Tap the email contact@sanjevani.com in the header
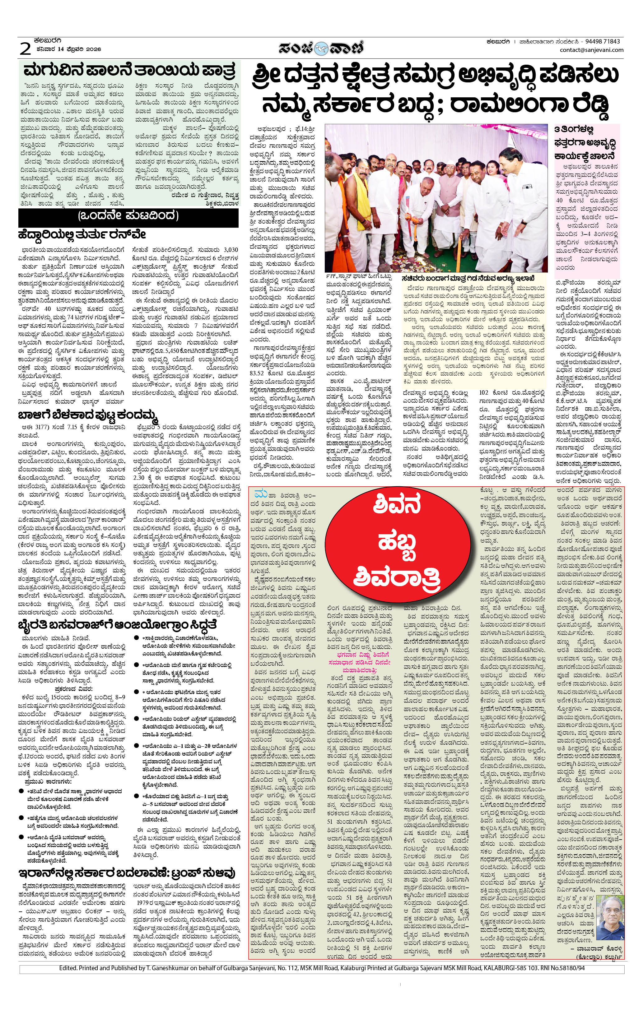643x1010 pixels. (591, 50)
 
